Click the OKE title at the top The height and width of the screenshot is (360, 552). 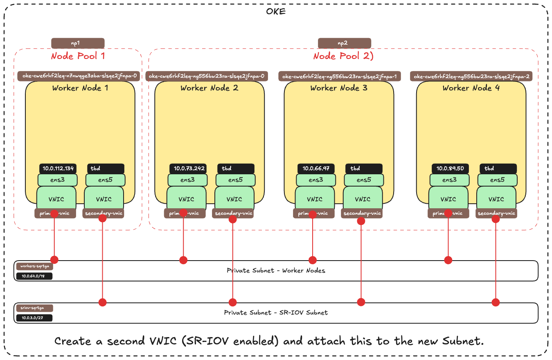point(276,11)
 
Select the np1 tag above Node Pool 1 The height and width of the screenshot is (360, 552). point(78,43)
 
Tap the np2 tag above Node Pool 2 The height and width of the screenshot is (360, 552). point(345,43)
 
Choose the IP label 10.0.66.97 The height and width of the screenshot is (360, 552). point(316,168)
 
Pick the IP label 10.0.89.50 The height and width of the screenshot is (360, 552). point(451,168)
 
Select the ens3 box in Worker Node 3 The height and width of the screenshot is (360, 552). point(316,180)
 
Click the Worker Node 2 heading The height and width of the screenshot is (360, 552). point(209,88)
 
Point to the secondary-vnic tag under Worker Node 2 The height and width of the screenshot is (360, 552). point(233,213)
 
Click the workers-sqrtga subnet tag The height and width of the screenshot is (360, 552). point(34,266)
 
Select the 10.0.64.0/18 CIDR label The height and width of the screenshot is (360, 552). point(34,276)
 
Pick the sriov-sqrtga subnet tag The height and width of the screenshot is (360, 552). point(34,308)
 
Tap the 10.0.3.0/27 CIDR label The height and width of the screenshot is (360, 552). point(34,318)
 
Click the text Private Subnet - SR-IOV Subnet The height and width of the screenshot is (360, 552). point(276,313)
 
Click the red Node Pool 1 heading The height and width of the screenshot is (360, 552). point(74,56)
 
